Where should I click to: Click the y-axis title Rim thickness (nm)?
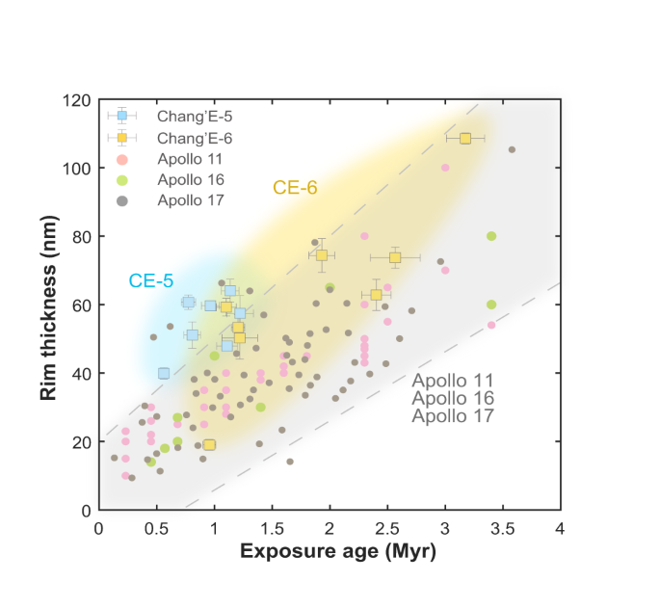(x=49, y=304)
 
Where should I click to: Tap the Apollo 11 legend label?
(x=190, y=158)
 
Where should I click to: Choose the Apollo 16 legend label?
(x=190, y=179)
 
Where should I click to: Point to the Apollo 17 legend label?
(x=190, y=200)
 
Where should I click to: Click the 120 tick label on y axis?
(x=77, y=100)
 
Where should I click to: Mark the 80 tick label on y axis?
(x=81, y=237)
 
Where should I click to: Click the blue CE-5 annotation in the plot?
(x=151, y=280)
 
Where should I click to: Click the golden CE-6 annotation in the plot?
(x=295, y=189)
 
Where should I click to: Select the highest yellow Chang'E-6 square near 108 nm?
(x=465, y=139)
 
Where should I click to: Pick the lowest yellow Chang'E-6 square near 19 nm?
(x=209, y=444)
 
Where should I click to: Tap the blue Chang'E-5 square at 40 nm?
(x=164, y=373)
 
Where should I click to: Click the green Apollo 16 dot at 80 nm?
(x=491, y=236)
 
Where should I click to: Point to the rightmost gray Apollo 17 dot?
(x=512, y=149)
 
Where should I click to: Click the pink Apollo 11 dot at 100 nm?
(x=445, y=168)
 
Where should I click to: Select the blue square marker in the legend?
(x=121, y=116)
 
